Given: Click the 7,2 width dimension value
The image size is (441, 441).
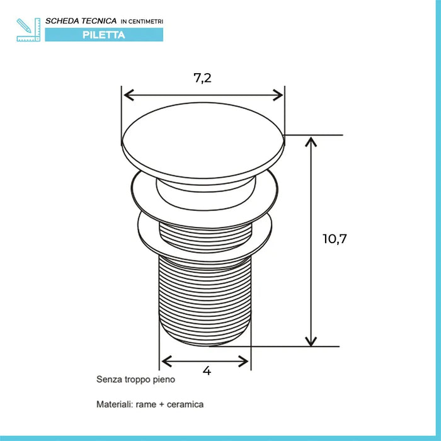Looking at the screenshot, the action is tap(202, 78).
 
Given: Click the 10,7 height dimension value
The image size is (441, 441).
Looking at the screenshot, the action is tap(335, 239).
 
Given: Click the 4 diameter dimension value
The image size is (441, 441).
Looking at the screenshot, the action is tap(207, 371).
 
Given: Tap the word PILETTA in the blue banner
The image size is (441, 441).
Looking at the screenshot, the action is tap(104, 35).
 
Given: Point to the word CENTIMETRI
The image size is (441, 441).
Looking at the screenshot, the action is tap(146, 21).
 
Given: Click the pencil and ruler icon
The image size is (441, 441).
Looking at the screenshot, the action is tap(28, 30).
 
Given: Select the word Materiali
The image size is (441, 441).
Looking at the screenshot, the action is tap(115, 404).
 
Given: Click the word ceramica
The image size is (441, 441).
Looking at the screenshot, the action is tap(185, 404).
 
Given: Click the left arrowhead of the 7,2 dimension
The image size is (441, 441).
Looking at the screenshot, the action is tap(129, 95).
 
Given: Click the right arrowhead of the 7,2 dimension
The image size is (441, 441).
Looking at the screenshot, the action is tap(278, 95).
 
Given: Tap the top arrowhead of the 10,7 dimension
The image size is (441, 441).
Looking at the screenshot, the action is tap(311, 142).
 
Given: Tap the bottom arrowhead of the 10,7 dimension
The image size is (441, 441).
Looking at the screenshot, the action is tap(311, 341).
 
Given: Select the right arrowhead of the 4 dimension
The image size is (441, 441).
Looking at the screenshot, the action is tap(243, 362).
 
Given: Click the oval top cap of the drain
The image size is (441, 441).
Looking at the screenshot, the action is tap(203, 144).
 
